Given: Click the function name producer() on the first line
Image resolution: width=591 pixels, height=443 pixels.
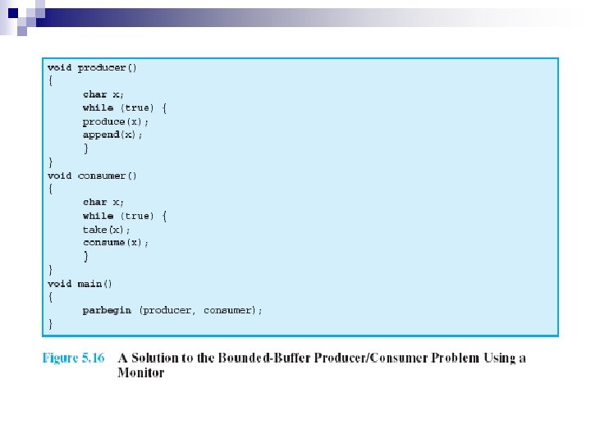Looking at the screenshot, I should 108,67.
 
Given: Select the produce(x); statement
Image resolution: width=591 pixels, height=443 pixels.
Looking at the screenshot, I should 116,121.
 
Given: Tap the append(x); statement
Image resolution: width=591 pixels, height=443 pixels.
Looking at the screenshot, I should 112,135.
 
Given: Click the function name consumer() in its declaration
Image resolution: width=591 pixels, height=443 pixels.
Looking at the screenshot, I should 108,176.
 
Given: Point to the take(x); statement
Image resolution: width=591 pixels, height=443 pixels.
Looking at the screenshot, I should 107,230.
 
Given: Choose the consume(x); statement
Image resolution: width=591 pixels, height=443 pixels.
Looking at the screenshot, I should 116,243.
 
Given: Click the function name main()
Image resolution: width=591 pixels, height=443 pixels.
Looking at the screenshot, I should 95,284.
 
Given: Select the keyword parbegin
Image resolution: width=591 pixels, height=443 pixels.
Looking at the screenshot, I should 107,310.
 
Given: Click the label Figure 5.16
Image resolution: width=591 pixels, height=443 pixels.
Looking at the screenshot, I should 73,358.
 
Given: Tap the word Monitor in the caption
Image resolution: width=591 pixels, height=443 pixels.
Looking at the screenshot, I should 140,372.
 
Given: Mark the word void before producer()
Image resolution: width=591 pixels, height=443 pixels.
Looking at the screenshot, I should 59,67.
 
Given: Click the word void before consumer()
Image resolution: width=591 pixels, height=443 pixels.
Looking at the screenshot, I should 59,176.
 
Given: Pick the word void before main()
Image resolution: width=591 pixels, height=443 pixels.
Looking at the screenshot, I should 59,284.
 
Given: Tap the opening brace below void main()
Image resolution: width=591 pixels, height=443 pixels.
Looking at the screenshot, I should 50,297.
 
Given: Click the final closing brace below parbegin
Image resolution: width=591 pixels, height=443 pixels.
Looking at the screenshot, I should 50,324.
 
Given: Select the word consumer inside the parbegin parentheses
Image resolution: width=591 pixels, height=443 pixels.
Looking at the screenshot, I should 231,310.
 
